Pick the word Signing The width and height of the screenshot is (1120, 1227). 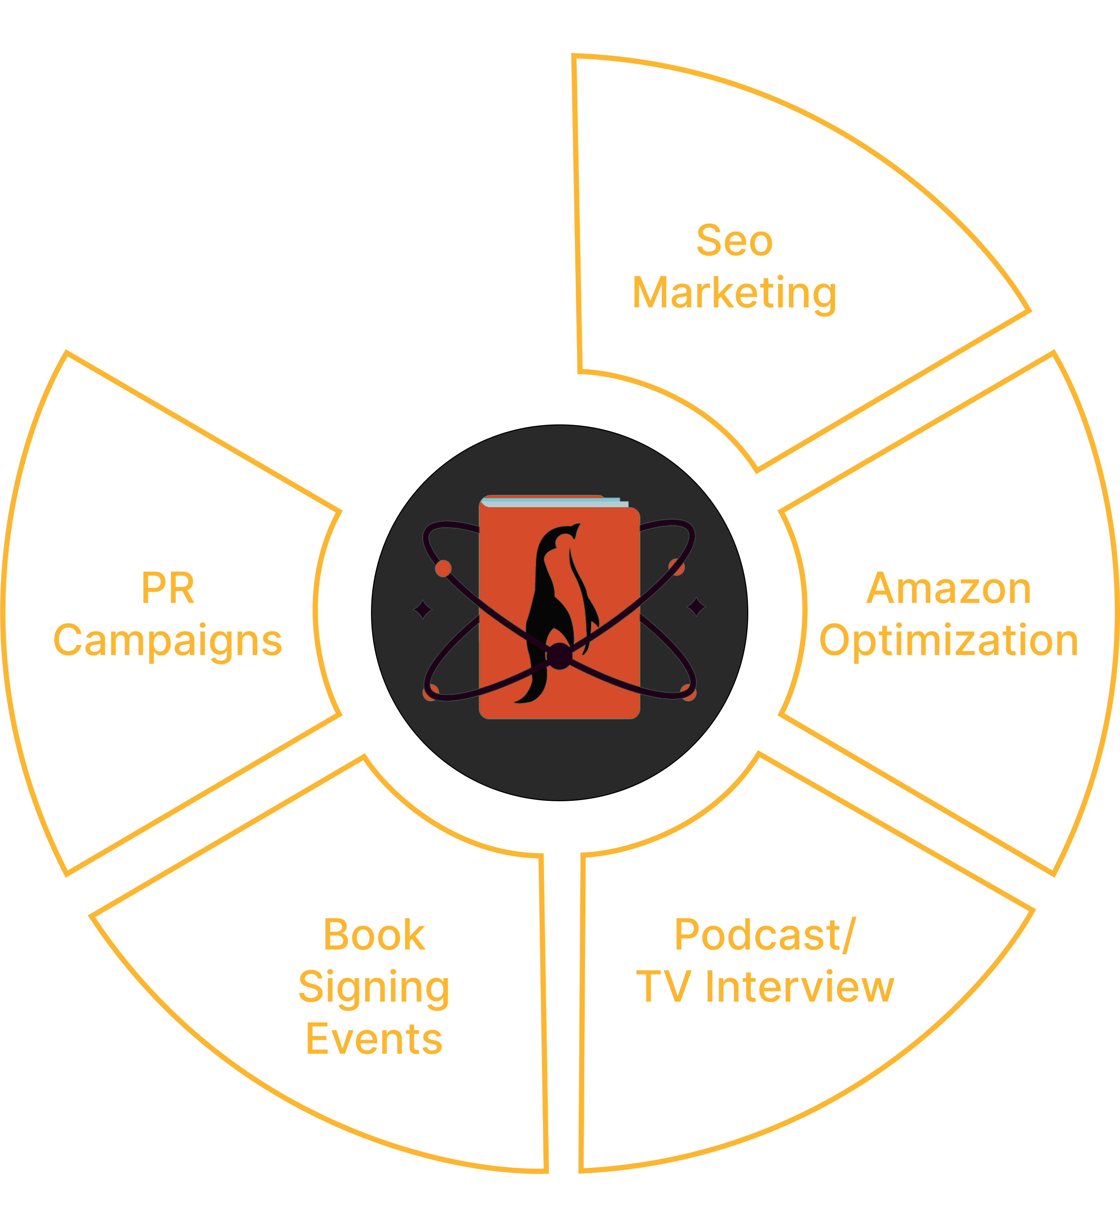[x=374, y=987]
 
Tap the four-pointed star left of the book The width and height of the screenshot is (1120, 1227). [x=422, y=608]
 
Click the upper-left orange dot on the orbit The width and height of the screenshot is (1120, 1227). [x=443, y=569]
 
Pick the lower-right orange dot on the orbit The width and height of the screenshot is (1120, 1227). [x=689, y=693]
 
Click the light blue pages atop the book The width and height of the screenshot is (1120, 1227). [x=554, y=503]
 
